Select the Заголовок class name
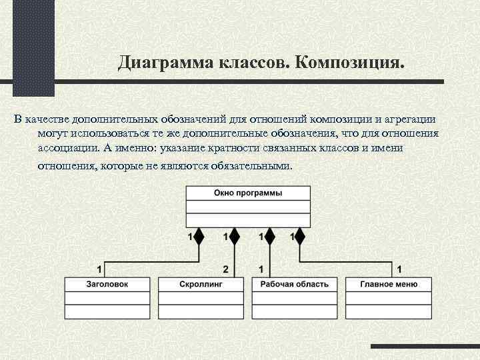(107, 284)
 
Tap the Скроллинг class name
(201, 284)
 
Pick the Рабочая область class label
(294, 284)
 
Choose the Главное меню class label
(388, 284)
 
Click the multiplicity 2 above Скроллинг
(226, 269)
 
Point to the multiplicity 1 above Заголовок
(99, 269)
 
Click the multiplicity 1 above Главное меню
(399, 269)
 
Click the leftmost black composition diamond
(198, 237)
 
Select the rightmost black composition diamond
(299, 237)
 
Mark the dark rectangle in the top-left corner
(33, 47)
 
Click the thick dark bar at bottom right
(425, 347)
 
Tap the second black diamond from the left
(234, 237)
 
